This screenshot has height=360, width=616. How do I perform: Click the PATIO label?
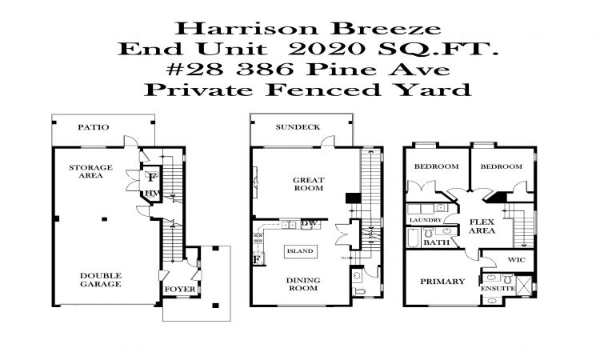[93, 127]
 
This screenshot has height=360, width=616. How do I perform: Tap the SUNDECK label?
[298, 127]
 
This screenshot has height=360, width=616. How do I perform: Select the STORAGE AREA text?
[90, 171]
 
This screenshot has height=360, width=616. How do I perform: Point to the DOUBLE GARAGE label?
[101, 280]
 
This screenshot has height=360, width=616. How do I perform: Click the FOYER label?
[180, 290]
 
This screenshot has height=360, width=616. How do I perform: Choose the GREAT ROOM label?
[308, 184]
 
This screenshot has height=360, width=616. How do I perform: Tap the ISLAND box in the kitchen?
[300, 251]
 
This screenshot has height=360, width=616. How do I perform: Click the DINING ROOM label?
[303, 284]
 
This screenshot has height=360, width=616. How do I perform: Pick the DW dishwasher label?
[309, 223]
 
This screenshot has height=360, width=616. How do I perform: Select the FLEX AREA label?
[482, 226]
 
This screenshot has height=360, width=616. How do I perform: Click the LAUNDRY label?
[426, 220]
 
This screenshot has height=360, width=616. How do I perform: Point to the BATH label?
[436, 242]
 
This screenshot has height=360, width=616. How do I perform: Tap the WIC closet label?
[516, 260]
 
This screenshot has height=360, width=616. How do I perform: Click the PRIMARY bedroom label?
[442, 282]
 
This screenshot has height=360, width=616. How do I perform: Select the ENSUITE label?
[498, 289]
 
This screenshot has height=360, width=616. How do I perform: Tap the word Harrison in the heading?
[246, 29]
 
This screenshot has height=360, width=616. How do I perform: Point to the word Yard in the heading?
[432, 90]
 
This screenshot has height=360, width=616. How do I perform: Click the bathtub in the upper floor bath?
[414, 238]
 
